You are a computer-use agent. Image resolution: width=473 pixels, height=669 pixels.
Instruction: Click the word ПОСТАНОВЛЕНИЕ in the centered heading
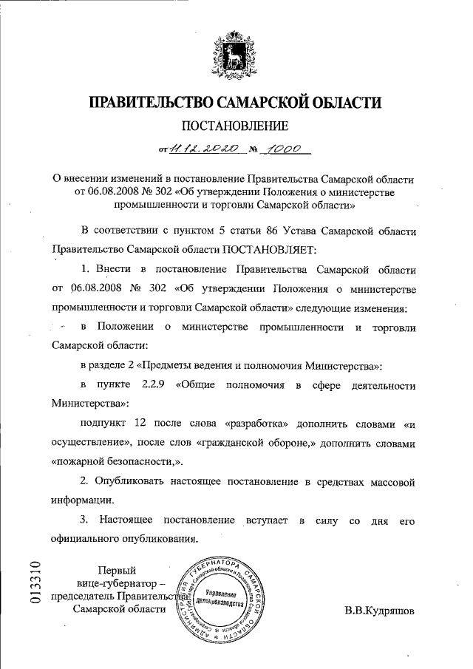[236, 125]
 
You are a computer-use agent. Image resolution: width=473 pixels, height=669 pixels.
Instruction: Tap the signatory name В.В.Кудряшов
[380, 611]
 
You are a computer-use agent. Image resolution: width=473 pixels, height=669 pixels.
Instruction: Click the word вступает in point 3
[268, 520]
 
